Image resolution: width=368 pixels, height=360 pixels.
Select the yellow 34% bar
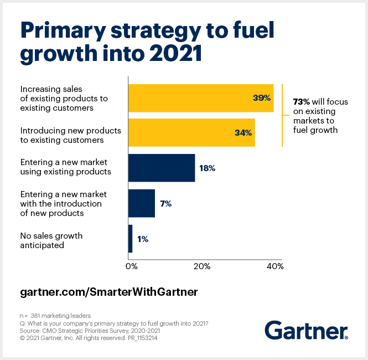coord(191,133)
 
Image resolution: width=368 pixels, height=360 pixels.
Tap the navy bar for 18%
coord(161,168)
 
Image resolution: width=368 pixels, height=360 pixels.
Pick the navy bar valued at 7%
coord(141,203)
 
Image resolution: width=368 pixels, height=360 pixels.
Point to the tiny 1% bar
coord(131,239)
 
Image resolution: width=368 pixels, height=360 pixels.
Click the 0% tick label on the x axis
coord(131,266)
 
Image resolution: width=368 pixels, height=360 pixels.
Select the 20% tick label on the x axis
coord(202,266)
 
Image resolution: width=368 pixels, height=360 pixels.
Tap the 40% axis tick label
coord(275,266)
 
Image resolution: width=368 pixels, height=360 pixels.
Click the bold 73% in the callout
coord(301,101)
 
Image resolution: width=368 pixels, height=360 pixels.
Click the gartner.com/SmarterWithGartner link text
coord(108,291)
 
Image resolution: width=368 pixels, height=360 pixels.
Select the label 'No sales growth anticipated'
coord(51,240)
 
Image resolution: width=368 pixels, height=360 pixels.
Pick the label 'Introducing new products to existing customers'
coord(62,136)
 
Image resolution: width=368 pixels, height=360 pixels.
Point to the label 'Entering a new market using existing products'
coord(65,167)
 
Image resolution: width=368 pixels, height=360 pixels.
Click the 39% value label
coord(261,98)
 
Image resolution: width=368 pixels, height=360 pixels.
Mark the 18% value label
coord(206,168)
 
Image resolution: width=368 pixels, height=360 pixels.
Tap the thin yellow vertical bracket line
coord(282,115)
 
